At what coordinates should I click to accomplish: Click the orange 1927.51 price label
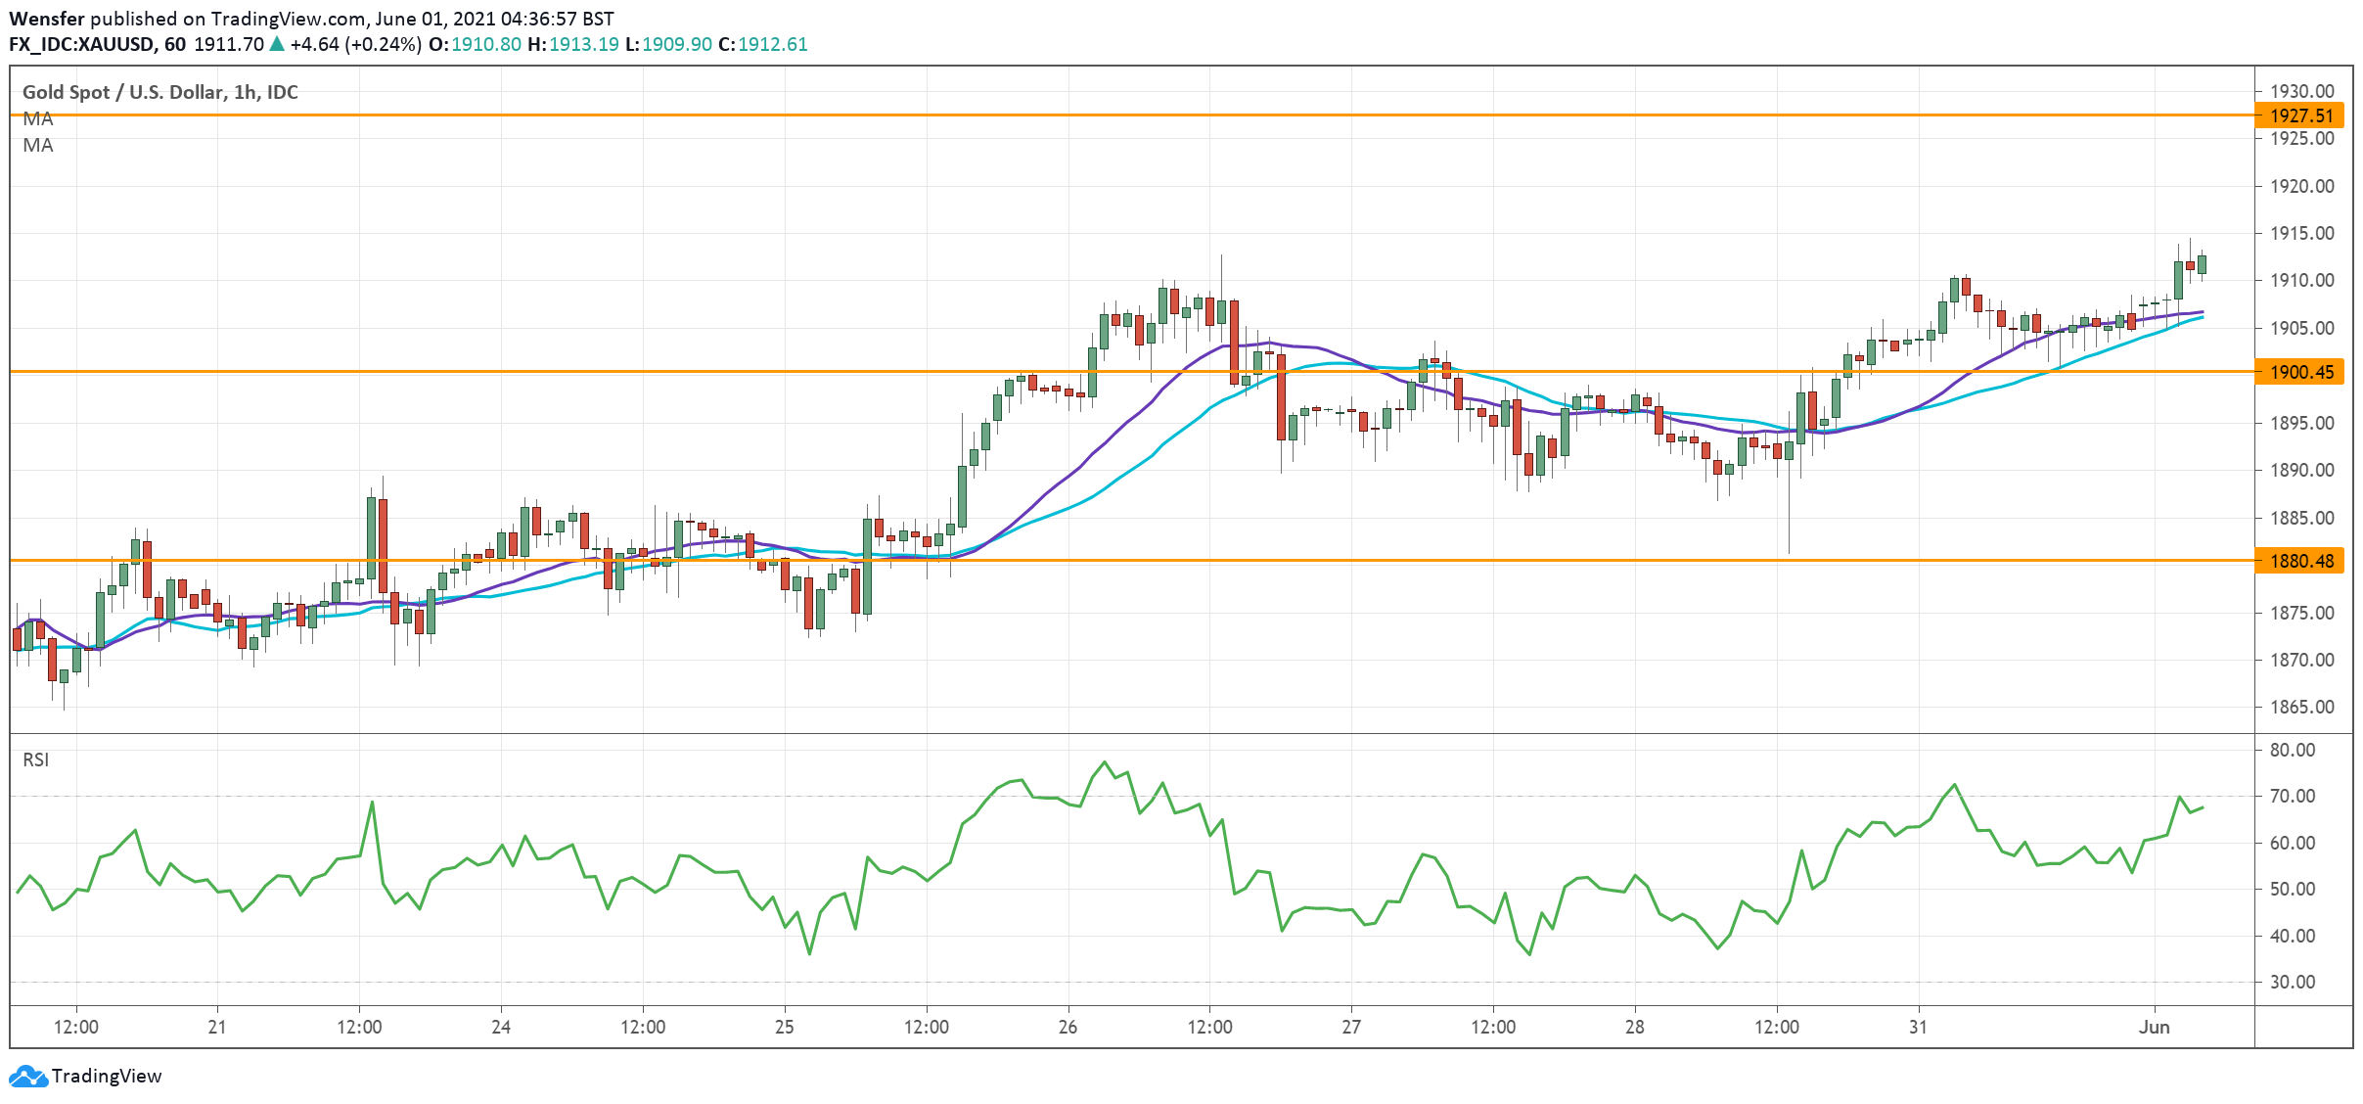click(2300, 115)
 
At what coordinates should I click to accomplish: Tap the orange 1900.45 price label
click(2300, 372)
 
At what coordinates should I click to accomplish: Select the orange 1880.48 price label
click(2300, 561)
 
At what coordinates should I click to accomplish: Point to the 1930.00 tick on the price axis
click(2301, 91)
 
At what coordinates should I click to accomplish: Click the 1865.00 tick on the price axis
click(2301, 707)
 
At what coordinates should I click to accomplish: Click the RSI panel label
click(36, 759)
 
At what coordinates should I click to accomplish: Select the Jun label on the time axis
click(2154, 1027)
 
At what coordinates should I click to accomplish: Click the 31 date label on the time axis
click(1918, 1027)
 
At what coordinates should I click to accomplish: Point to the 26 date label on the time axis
click(1068, 1027)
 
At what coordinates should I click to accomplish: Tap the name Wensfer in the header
click(47, 19)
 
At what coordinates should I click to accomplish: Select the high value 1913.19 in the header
click(583, 44)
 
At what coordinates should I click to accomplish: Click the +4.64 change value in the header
click(314, 44)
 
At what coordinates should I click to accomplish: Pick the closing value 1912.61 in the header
click(772, 44)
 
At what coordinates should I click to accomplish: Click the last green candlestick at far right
click(2202, 264)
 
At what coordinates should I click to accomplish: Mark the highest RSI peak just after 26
click(1105, 762)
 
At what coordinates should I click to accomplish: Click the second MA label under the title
click(38, 145)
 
